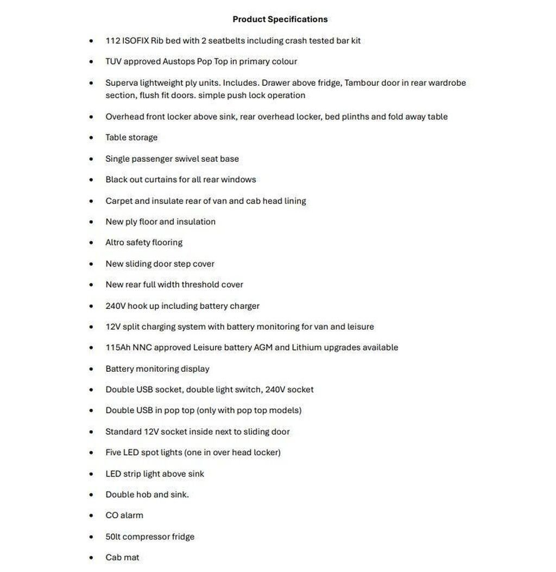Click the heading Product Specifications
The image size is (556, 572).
coord(280,20)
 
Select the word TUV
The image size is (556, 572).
coord(113,61)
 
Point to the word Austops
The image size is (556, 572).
coord(179,61)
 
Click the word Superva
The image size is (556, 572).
coord(121,83)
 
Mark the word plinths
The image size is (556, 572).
coord(355,117)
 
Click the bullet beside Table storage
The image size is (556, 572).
coord(91,138)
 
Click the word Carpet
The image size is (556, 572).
coord(119,201)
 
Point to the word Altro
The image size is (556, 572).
coord(115,243)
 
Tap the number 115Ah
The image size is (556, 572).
coord(118,347)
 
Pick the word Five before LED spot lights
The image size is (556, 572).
coord(113,453)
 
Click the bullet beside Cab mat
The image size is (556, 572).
coord(91,558)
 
